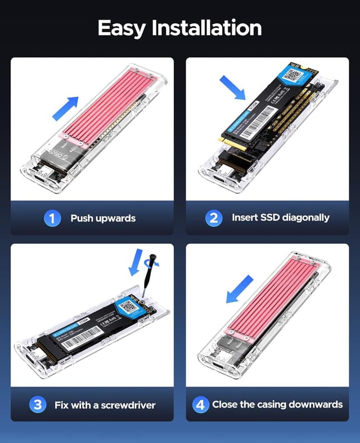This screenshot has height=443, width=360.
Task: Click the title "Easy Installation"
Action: pos(179,28)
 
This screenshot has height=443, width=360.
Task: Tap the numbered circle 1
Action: pos(52,218)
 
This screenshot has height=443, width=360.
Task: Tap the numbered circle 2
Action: pos(213,218)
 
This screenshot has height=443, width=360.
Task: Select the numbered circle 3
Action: pos(37,404)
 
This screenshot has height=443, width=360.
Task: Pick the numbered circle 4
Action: pos(201,404)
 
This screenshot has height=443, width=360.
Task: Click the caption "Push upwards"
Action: pos(103,218)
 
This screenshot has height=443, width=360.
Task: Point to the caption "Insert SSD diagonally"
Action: pos(281,218)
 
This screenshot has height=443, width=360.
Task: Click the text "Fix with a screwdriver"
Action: pos(105,405)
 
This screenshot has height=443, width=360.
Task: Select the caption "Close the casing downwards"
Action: pos(277,404)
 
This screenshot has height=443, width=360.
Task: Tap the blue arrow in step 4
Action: pos(240,288)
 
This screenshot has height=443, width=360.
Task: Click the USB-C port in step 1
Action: pos(43,183)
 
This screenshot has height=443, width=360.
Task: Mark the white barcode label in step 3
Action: pos(80,339)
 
